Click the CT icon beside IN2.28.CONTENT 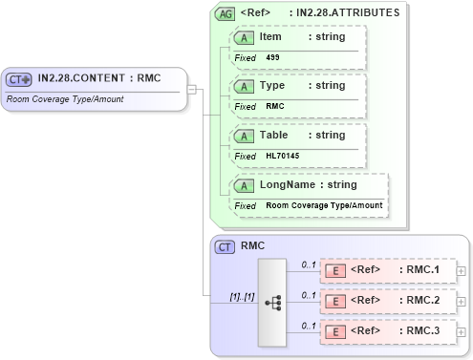pos(19,79)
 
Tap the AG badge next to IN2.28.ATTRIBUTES pos(226,14)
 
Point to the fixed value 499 pos(273,57)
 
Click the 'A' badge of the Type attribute pos(245,86)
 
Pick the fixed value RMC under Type pos(274,106)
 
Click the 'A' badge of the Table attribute pos(245,136)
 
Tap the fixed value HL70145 pos(282,156)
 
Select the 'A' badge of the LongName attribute pos(245,185)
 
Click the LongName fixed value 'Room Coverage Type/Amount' pos(324,205)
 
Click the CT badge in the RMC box pos(226,247)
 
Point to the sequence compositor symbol pos(272,302)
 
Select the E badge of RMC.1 pos(335,270)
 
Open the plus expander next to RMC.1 pos(462,271)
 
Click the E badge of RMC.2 pos(335,301)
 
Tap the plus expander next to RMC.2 pos(462,302)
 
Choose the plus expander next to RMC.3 pos(462,332)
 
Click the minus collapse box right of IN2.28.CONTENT pos(192,89)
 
